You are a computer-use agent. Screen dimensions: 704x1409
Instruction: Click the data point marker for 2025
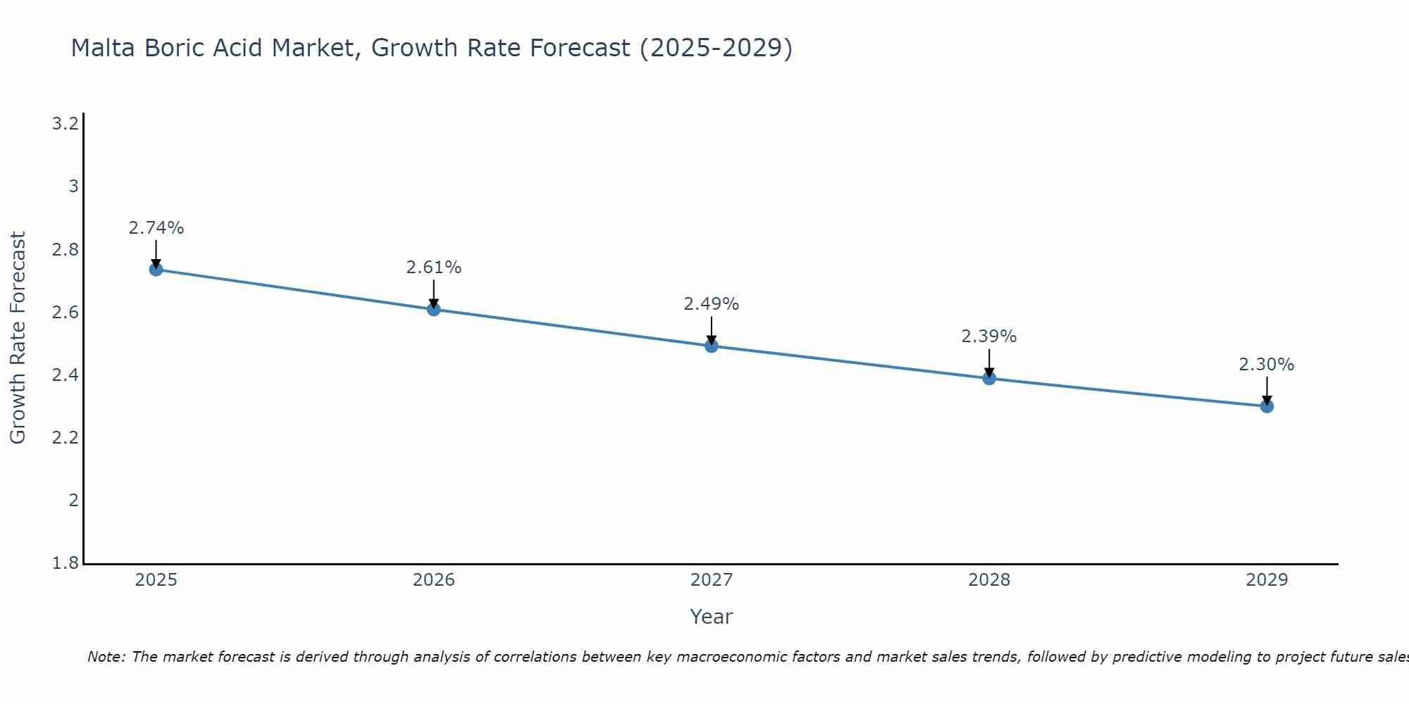pos(156,269)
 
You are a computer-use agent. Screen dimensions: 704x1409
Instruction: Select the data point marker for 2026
pos(433,309)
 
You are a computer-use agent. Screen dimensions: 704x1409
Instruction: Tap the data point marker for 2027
pos(711,346)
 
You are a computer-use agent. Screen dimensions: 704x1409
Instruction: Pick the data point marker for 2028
pos(989,378)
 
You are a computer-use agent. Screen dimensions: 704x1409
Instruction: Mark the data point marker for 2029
pos(1267,406)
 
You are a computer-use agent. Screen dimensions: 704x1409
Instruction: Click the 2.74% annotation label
pos(156,228)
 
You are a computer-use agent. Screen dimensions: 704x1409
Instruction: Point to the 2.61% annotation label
pos(433,268)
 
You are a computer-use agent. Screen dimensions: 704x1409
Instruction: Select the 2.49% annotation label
pos(711,304)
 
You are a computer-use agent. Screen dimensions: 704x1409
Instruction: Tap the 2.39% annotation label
pos(989,337)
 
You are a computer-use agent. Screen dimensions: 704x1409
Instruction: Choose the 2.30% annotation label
pos(1267,365)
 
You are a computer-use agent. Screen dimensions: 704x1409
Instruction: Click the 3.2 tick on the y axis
pos(65,125)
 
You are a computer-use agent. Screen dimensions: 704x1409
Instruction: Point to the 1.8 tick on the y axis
pos(65,563)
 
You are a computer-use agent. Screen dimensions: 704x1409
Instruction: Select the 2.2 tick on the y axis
pos(65,438)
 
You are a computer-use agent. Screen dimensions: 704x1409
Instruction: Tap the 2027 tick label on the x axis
pos(711,580)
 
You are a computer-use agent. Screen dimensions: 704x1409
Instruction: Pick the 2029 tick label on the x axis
pos(1267,580)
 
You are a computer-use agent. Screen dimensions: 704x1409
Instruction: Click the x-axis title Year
pos(711,617)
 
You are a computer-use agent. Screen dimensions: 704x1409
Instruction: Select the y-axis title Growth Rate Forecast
pos(18,338)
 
